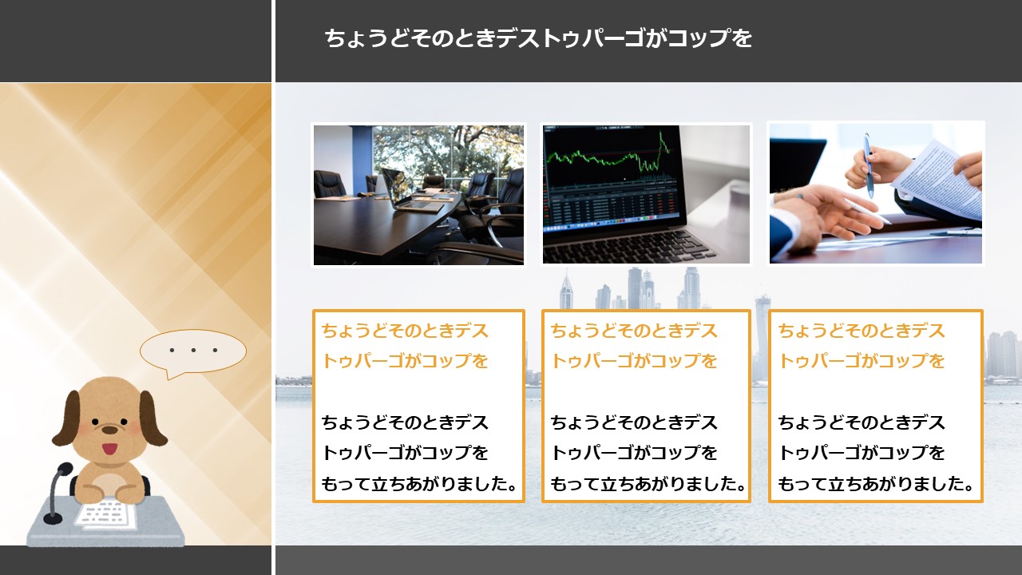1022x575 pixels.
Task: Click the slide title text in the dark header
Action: point(538,38)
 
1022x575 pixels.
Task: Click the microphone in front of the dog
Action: point(57,493)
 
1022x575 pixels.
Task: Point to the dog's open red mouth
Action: point(109,449)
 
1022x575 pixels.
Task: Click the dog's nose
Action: point(109,430)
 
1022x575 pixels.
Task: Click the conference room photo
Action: point(418,195)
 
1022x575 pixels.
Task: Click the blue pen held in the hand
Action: point(868,165)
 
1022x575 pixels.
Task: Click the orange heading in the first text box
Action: point(405,346)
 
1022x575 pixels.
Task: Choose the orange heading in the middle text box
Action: point(634,346)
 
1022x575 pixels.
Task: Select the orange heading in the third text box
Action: point(862,346)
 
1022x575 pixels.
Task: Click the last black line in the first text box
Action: point(419,484)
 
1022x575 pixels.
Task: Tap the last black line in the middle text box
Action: point(648,484)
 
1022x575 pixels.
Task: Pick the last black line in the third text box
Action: point(876,484)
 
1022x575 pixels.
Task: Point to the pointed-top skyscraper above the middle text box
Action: point(566,290)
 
